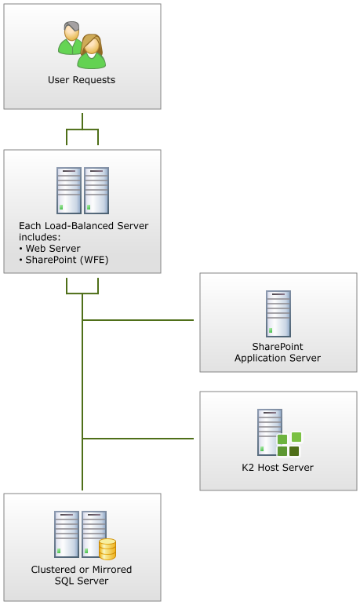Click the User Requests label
pyautogui.click(x=82, y=80)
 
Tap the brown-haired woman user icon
pyautogui.click(x=92, y=52)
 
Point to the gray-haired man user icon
pyautogui.click(x=71, y=38)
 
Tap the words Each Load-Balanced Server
pyautogui.click(x=83, y=226)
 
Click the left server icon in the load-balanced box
pyautogui.click(x=69, y=191)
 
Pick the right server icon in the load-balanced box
pyautogui.click(x=96, y=191)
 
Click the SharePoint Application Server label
pyautogui.click(x=278, y=352)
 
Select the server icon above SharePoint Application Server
pyautogui.click(x=278, y=314)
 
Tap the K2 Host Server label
pyautogui.click(x=278, y=467)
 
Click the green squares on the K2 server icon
pyautogui.click(x=289, y=444)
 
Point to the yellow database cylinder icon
pyautogui.click(x=107, y=549)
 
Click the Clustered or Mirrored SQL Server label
pyautogui.click(x=82, y=575)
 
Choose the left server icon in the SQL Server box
pyautogui.click(x=67, y=534)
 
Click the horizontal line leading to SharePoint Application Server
pyautogui.click(x=138, y=320)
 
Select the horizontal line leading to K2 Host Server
pyautogui.click(x=138, y=439)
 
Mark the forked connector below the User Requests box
pyautogui.click(x=82, y=129)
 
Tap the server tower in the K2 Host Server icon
pyautogui.click(x=270, y=432)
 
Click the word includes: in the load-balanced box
pyautogui.click(x=40, y=237)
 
